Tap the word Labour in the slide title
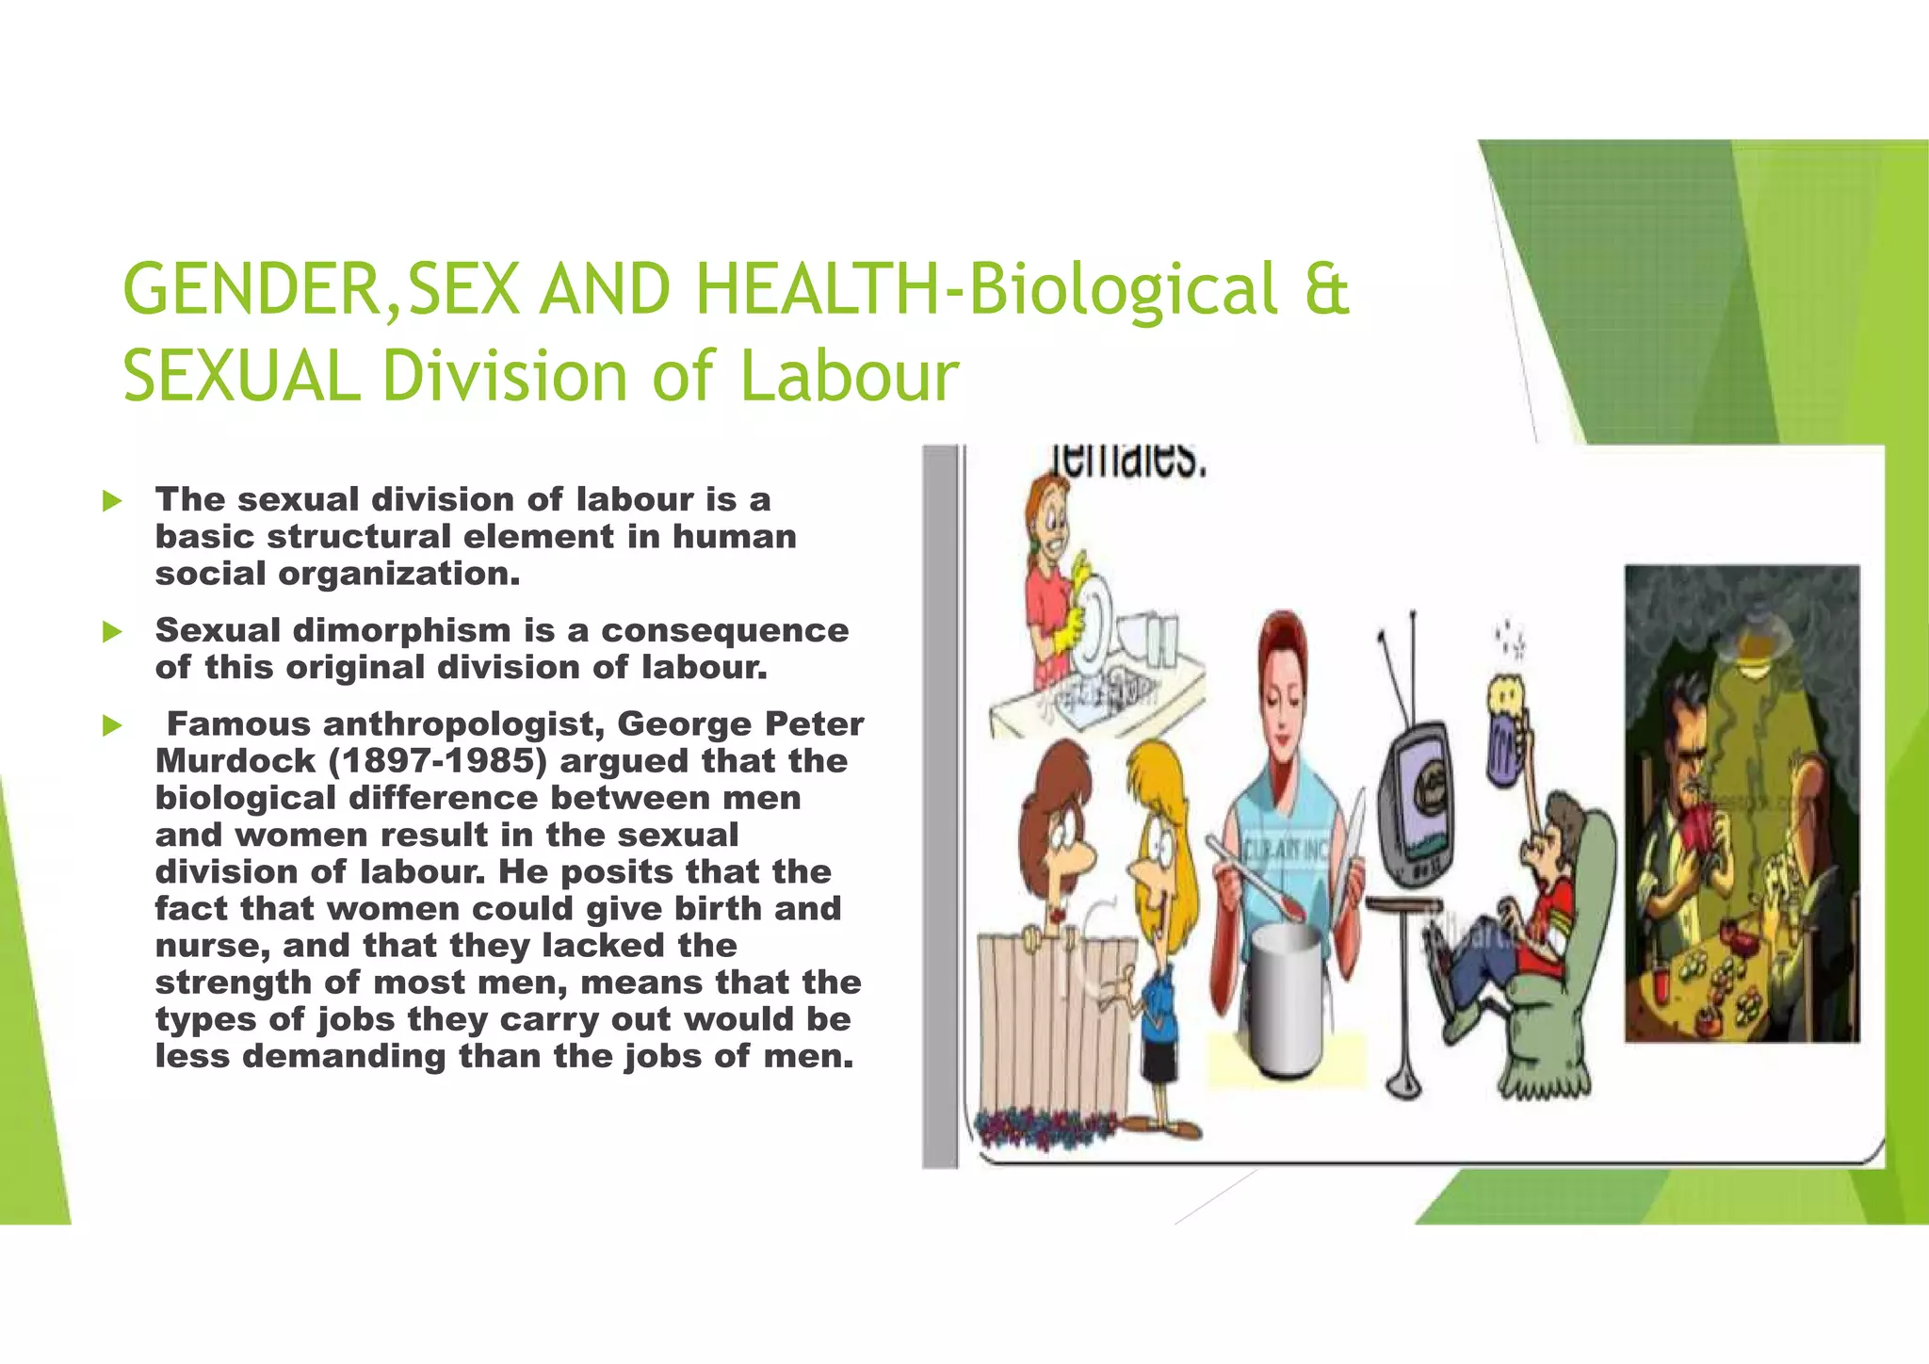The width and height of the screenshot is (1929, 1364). click(849, 377)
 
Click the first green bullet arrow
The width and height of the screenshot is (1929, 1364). click(113, 500)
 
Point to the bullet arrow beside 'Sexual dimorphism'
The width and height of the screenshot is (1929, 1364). click(113, 631)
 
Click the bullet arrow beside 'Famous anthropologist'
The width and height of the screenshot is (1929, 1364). click(113, 725)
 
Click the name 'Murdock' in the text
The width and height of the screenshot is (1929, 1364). click(235, 761)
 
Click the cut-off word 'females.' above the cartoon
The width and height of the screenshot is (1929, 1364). click(1128, 462)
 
